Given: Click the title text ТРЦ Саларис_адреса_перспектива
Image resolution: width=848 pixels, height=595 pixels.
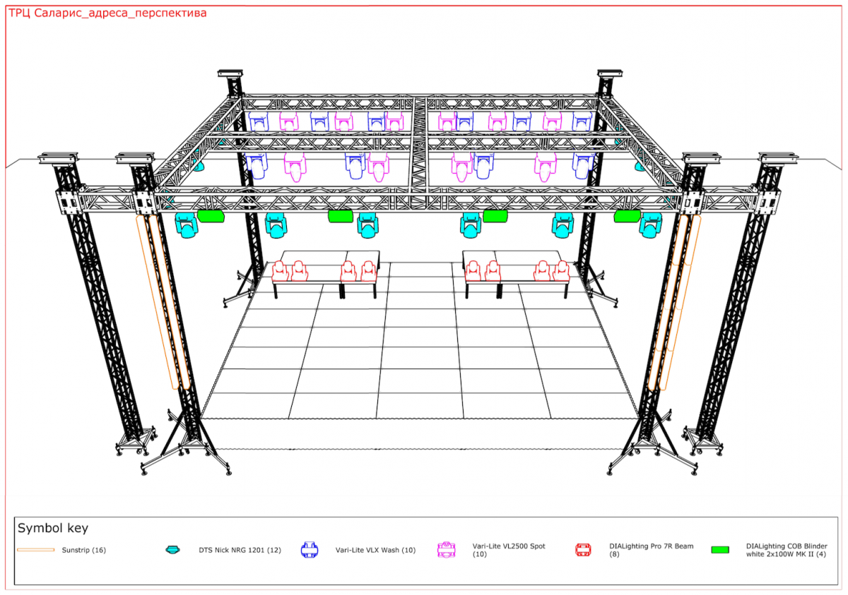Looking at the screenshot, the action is [x=107, y=13].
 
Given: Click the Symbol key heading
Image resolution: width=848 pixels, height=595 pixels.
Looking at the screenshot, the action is [x=53, y=528].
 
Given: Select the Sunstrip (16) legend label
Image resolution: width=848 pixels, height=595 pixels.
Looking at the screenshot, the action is [x=83, y=550].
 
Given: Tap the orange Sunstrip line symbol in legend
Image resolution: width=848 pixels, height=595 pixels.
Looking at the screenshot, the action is [x=36, y=550].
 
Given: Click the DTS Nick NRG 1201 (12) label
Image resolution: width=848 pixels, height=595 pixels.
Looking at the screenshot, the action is [x=240, y=550].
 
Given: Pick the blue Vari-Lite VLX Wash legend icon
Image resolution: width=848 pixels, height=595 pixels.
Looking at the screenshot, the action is [x=310, y=550].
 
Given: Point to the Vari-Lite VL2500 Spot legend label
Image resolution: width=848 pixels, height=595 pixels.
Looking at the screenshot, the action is [x=508, y=550].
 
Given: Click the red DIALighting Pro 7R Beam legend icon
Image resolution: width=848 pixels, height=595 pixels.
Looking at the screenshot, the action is [x=583, y=550].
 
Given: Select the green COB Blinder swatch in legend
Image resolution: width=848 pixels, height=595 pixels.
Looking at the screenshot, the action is [x=720, y=550].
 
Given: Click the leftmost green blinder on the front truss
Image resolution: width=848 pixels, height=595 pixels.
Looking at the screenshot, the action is [x=211, y=216].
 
